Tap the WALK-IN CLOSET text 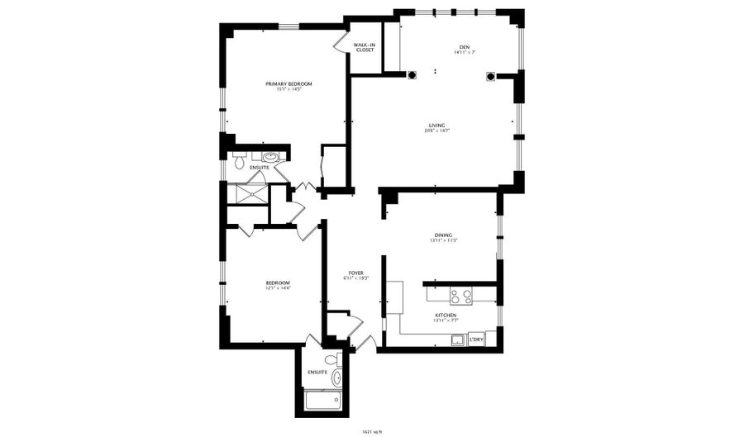point(365,48)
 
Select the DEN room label point(464,47)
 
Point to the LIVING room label point(436,125)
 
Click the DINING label point(443,235)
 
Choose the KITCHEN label point(446,315)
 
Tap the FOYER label point(356,273)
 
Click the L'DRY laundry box point(476,338)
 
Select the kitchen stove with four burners point(461,294)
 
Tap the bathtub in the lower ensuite point(322,401)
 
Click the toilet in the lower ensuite point(331,359)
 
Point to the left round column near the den point(413,76)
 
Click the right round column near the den point(491,77)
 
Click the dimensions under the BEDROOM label point(278,289)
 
